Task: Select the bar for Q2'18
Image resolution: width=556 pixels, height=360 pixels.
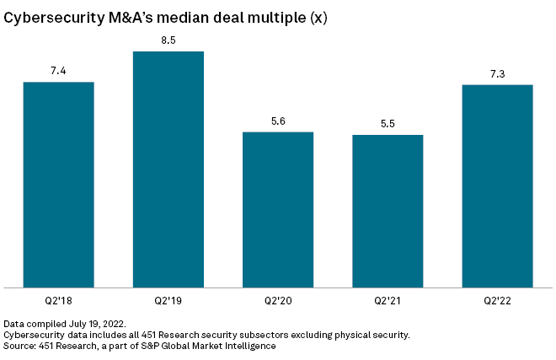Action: coord(58,185)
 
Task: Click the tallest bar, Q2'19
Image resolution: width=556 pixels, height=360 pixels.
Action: coord(168,169)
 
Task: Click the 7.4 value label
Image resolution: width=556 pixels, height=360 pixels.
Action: coord(58,71)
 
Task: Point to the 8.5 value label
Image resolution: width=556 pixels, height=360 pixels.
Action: coord(168,40)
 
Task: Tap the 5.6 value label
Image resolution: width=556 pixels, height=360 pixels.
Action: coord(278,121)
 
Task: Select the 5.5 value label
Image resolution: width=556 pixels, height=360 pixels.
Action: coord(388,124)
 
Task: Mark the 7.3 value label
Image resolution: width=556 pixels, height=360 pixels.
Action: coord(497,73)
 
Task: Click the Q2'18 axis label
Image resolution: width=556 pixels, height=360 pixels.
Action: coord(58,301)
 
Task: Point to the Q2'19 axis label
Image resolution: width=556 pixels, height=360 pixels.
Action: coord(168,301)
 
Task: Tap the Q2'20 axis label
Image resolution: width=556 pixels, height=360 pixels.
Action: coord(278,301)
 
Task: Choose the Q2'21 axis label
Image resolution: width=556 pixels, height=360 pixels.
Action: coord(388,301)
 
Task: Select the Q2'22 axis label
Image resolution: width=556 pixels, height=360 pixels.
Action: coord(497,301)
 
